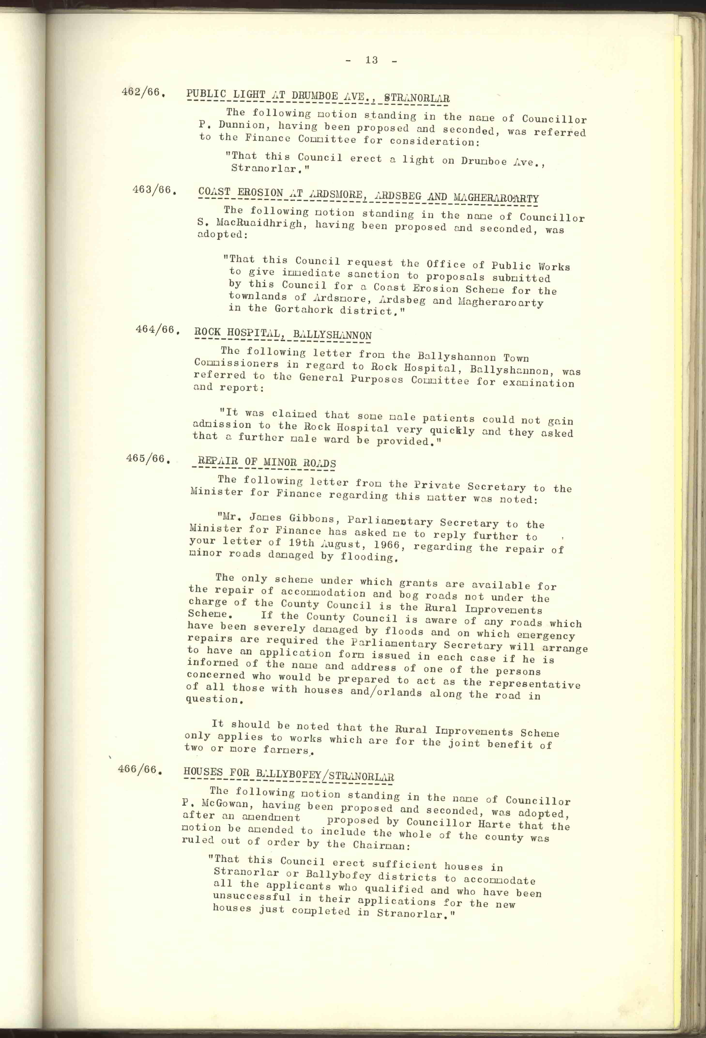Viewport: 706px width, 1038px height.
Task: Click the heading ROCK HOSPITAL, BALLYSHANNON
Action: (283, 334)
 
